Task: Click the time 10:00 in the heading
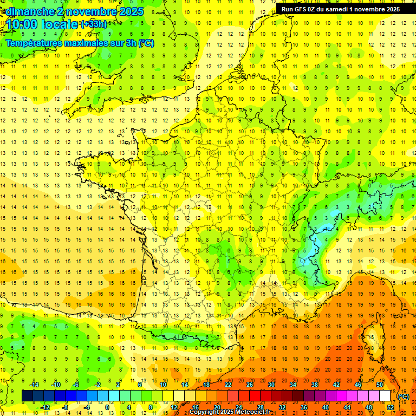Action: (x=22, y=24)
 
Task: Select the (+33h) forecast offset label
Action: (x=93, y=24)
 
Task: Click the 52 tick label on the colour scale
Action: (x=391, y=407)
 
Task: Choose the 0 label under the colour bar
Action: (x=107, y=407)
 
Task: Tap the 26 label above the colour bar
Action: (x=250, y=385)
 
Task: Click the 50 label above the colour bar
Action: (x=379, y=385)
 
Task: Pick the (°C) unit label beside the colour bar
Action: (x=403, y=396)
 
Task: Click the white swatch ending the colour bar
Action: (x=385, y=396)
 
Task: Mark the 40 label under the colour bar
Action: (x=326, y=407)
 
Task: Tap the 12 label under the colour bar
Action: (x=174, y=407)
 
